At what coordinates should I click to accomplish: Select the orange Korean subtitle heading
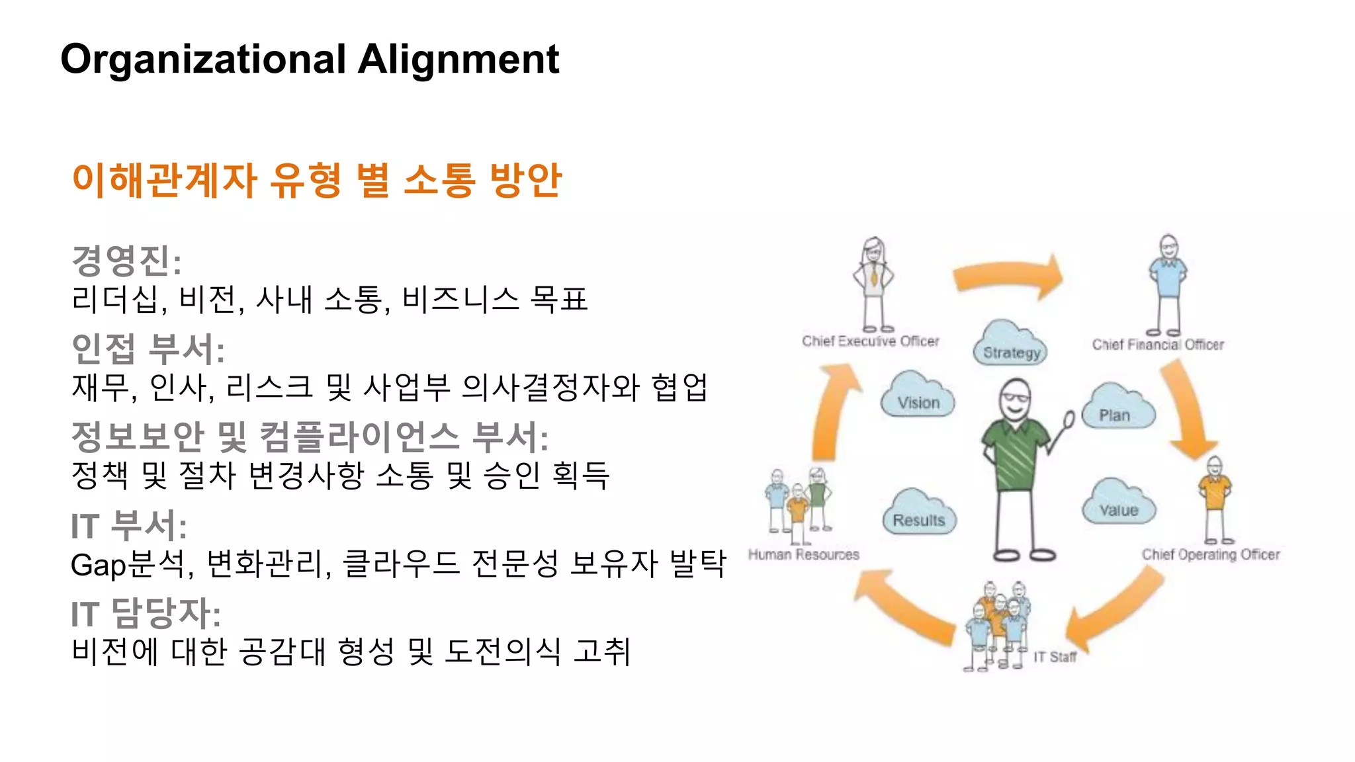point(316,180)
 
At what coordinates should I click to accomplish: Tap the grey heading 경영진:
point(126,261)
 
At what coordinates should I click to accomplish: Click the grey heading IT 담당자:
point(146,613)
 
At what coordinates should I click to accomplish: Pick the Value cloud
point(1119,504)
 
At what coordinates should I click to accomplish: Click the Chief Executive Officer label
point(870,341)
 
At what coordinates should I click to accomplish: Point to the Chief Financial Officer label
point(1158,345)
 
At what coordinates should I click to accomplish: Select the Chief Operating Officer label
point(1210,554)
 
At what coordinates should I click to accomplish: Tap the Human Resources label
point(803,554)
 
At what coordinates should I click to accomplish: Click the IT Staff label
point(1055,657)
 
